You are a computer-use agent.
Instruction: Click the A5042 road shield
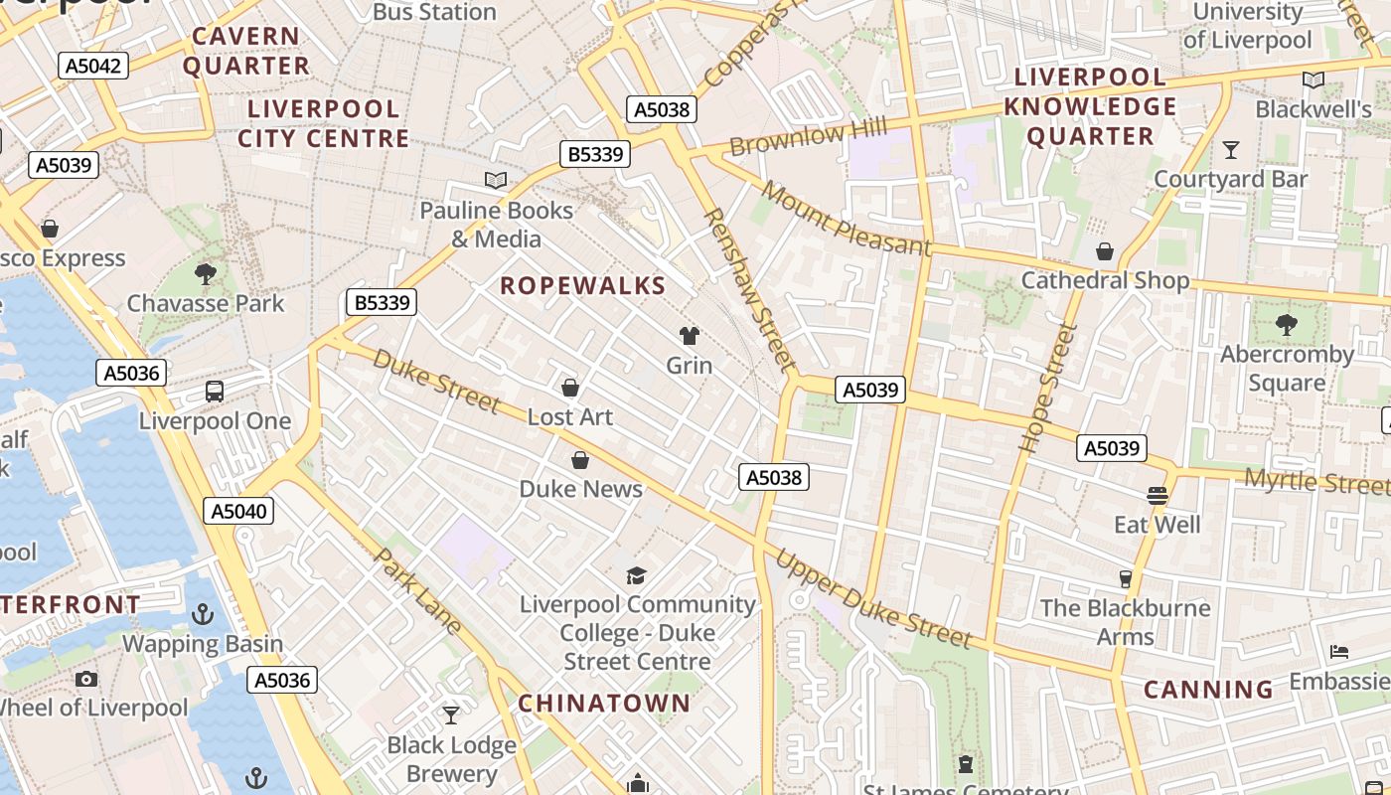pos(93,67)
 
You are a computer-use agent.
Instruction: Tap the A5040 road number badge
pos(238,511)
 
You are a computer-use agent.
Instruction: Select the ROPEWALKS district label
pos(582,286)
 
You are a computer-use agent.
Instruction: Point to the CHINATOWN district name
pos(604,704)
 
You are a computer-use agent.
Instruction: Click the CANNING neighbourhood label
pos(1208,690)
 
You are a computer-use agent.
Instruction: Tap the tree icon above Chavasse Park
pos(206,273)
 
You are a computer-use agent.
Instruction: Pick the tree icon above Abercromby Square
pos(1287,324)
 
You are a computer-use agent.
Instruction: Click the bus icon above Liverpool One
pos(215,391)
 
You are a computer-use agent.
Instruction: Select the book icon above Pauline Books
pos(496,180)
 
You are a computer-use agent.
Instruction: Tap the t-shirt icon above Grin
pos(689,336)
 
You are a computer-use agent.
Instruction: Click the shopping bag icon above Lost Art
pos(570,388)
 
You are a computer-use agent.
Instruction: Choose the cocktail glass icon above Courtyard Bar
pos(1231,150)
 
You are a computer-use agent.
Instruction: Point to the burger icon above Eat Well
pos(1158,495)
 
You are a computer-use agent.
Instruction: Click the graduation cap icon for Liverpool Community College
pos(637,575)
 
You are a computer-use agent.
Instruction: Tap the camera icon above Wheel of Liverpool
pos(86,680)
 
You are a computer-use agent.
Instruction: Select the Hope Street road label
pos(1049,389)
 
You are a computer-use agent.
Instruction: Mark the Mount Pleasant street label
pos(848,219)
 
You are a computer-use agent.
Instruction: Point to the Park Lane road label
pos(417,590)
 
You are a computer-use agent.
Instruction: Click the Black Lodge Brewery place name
pos(451,759)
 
